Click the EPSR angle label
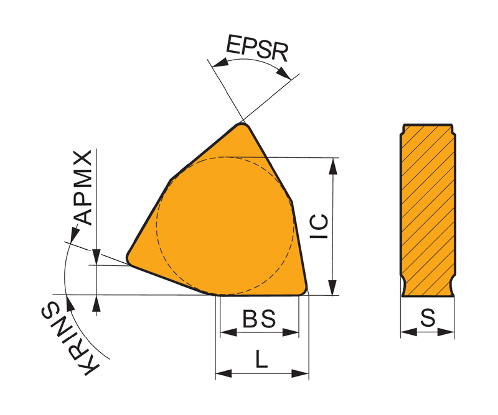pyautogui.click(x=256, y=48)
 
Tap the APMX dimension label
pyautogui.click(x=83, y=188)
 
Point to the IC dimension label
pyautogui.click(x=319, y=226)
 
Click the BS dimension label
pyautogui.click(x=259, y=319)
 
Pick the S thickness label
pyautogui.click(x=428, y=318)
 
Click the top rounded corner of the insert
pyautogui.click(x=243, y=125)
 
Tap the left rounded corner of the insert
pyautogui.click(x=129, y=258)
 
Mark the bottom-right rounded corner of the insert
pyautogui.click(x=303, y=290)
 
